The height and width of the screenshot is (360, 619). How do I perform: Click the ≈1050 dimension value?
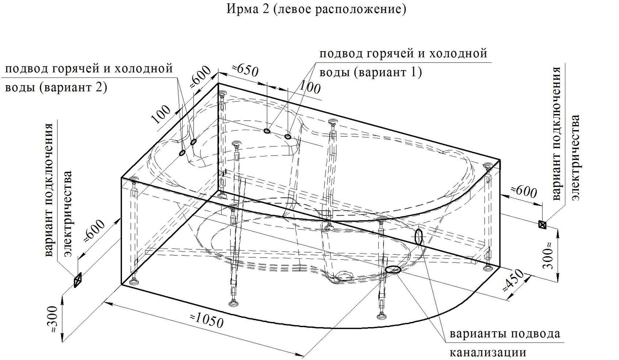pyautogui.click(x=207, y=321)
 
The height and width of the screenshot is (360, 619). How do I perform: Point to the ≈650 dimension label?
pyautogui.click(x=245, y=70)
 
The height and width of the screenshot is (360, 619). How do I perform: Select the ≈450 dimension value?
pyautogui.click(x=513, y=280)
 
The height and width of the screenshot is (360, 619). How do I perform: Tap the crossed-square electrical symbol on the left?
pyautogui.click(x=78, y=280)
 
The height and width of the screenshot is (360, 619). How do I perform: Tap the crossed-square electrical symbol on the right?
pyautogui.click(x=542, y=224)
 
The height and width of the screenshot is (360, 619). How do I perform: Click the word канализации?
pyautogui.click(x=488, y=353)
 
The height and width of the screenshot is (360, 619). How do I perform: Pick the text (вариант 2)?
pyautogui.click(x=73, y=87)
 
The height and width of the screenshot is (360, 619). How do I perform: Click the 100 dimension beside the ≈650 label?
pyautogui.click(x=310, y=87)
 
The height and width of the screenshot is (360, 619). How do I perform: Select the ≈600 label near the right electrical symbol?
pyautogui.click(x=523, y=192)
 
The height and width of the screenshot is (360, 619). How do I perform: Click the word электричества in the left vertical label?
pyautogui.click(x=68, y=214)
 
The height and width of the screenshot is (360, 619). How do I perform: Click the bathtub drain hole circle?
pyautogui.click(x=345, y=276)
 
